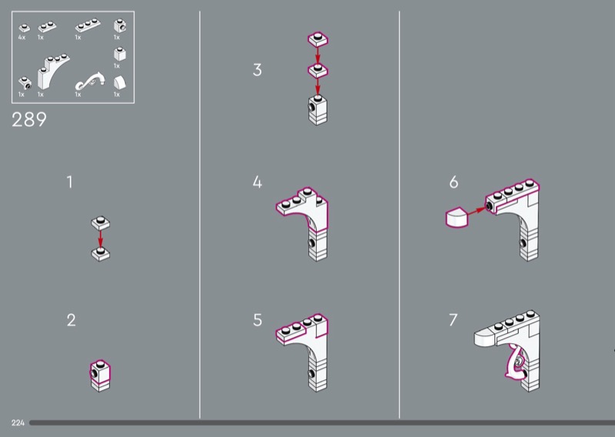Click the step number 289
29,119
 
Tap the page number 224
18,423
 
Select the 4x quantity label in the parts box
22,37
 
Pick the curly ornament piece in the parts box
90,80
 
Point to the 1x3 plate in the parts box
88,25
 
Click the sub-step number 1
69,182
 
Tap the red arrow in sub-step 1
101,239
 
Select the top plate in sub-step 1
101,223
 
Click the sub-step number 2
71,320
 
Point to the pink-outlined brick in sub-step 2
100,371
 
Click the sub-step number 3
258,70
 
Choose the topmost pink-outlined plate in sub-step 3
317,40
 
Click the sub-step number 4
258,182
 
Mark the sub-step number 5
258,320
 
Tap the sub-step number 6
454,182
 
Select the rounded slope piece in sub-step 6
457,218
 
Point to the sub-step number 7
454,320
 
